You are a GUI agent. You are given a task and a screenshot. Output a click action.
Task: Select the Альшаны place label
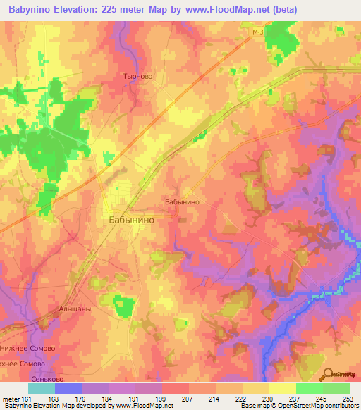[74, 309]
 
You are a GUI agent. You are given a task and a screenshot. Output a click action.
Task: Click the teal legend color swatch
[42, 388]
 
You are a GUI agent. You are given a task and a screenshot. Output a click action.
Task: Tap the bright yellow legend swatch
[283, 388]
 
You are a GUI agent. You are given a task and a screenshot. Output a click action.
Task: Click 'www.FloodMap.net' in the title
[212, 10]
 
